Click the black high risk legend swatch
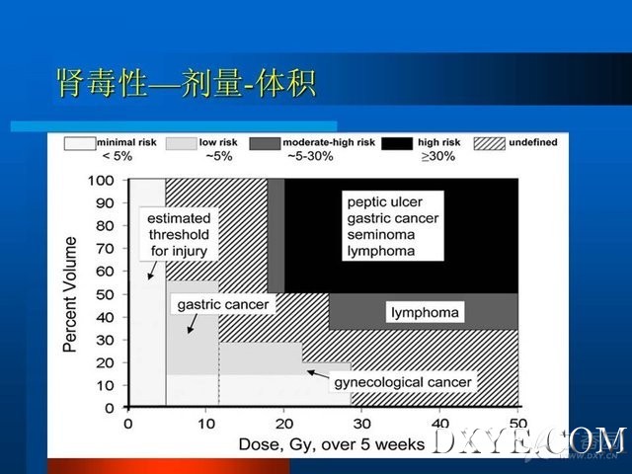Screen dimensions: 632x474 click(x=397, y=143)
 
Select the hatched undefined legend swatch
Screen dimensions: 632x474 click(x=490, y=143)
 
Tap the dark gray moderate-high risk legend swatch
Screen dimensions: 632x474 click(x=265, y=143)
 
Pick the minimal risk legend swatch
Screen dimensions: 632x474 click(x=80, y=143)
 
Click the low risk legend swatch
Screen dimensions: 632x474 click(x=181, y=143)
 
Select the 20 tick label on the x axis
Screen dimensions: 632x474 click(x=284, y=424)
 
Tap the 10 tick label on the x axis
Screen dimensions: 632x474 click(x=206, y=424)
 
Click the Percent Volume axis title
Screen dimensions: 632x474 click(x=70, y=294)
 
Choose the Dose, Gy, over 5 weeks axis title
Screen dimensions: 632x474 click(x=332, y=444)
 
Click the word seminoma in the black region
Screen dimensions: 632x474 click(x=381, y=235)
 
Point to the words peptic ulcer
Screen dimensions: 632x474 click(x=384, y=201)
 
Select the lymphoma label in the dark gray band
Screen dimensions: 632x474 click(x=425, y=313)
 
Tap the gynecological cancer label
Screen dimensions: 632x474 click(x=403, y=382)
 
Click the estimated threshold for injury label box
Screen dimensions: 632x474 click(x=179, y=235)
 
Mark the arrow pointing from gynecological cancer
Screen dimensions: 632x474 click(x=318, y=374)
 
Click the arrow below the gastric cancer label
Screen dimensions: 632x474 click(x=193, y=324)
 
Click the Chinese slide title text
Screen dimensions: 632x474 click(x=186, y=83)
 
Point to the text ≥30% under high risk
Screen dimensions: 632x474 click(x=438, y=156)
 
